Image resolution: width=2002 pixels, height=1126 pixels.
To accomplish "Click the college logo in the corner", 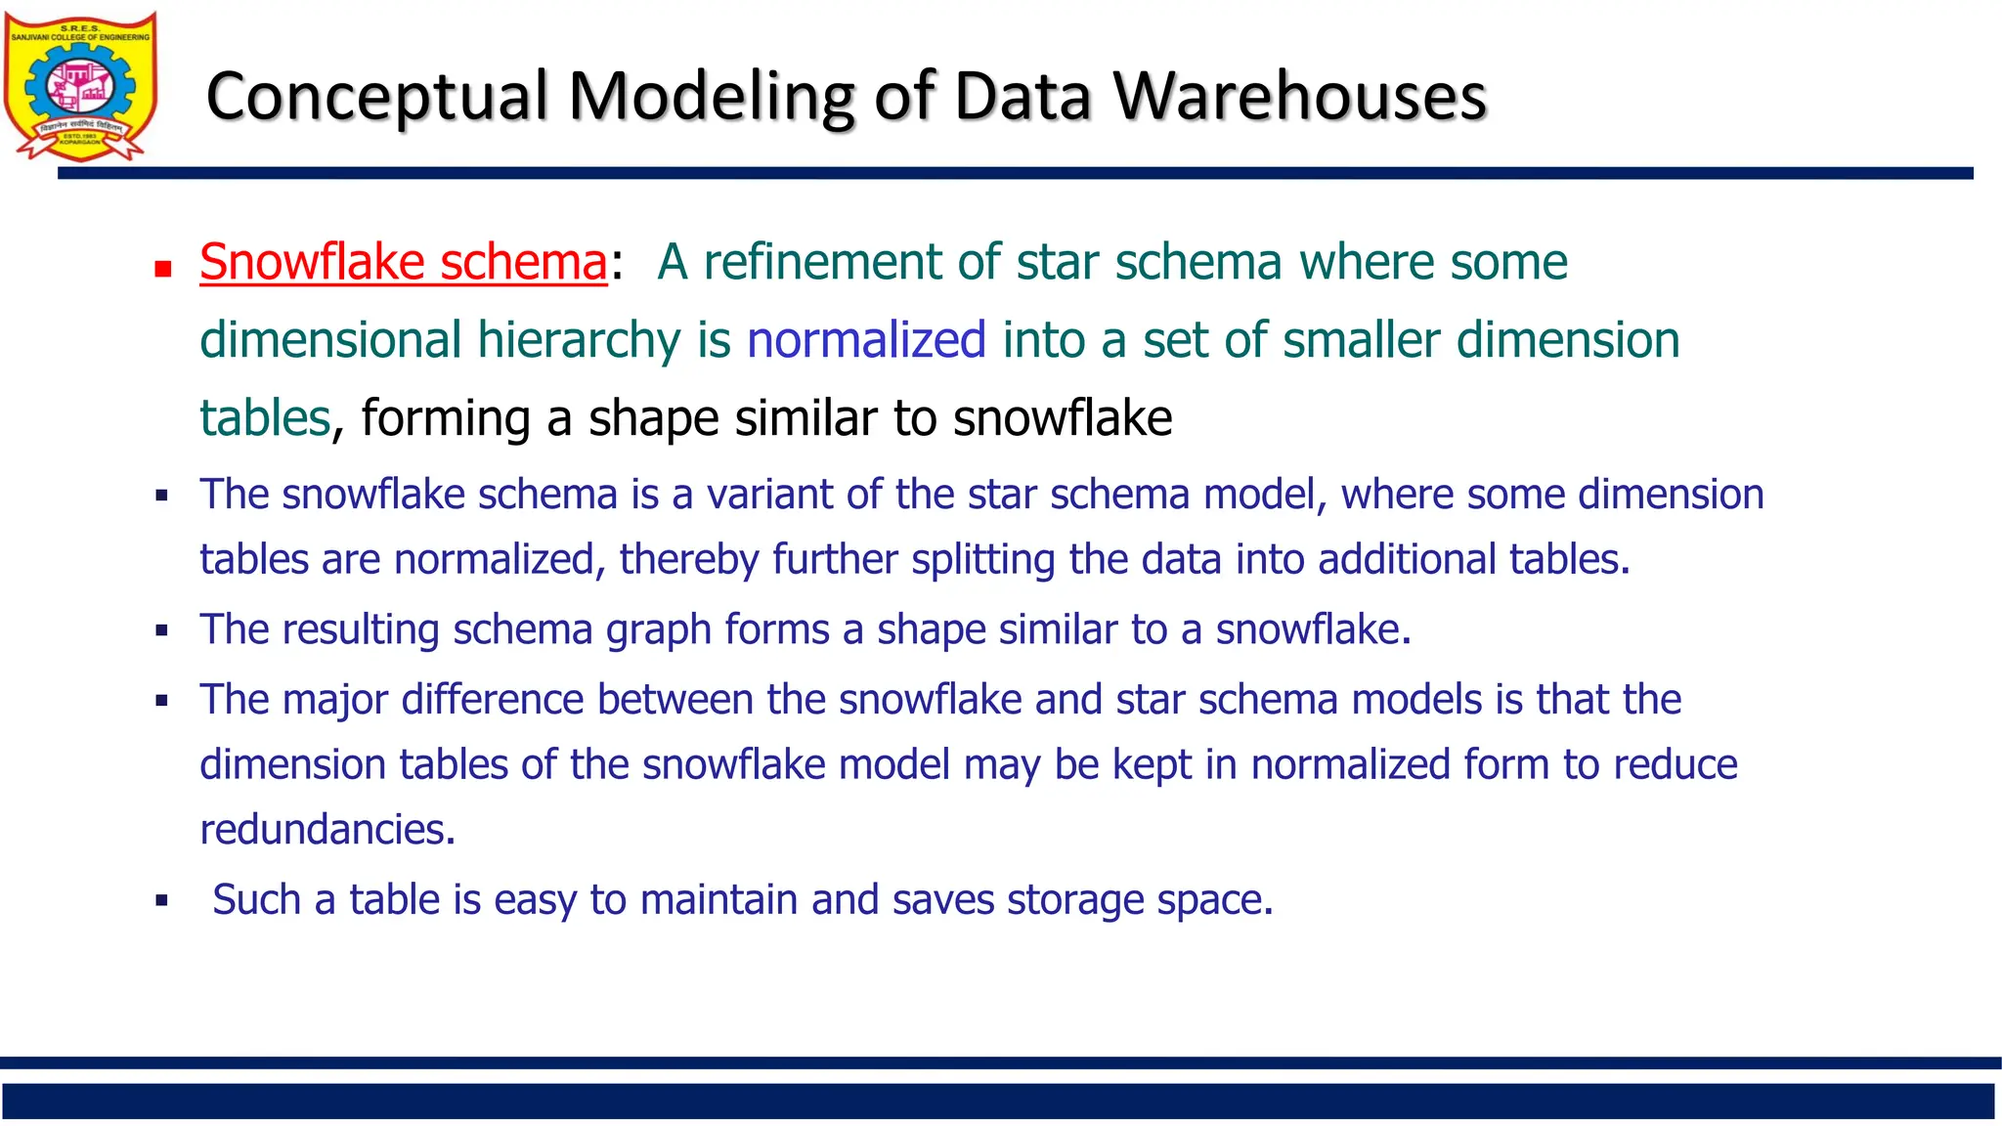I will pos(80,86).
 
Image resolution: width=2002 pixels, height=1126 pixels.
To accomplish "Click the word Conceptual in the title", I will pos(376,98).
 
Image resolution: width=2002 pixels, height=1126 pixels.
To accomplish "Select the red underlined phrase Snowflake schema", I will pos(404,262).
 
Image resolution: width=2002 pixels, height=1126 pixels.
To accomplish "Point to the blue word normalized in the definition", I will pos(866,340).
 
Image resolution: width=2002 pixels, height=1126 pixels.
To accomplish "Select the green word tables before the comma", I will pos(265,418).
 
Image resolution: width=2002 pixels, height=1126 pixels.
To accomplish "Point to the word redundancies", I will pos(327,830).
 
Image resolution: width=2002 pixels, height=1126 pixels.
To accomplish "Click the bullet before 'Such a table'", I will pos(162,901).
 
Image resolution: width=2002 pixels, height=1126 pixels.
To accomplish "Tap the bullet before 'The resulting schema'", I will pos(162,631).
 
